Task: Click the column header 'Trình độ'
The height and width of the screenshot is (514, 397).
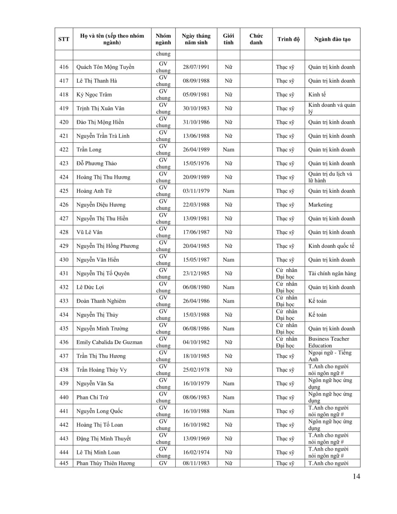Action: pyautogui.click(x=288, y=39)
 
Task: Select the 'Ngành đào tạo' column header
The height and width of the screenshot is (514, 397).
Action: pyautogui.click(x=332, y=39)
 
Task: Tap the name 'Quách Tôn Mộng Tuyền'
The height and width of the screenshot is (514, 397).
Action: pyautogui.click(x=105, y=67)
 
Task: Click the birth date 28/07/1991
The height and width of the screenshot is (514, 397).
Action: pyautogui.click(x=196, y=67)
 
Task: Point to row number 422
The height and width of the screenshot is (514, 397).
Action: pyautogui.click(x=64, y=150)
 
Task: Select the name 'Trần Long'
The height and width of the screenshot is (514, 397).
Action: pyautogui.click(x=88, y=150)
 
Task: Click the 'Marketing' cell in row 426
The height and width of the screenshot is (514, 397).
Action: pyautogui.click(x=320, y=205)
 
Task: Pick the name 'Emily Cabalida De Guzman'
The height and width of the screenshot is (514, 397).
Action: pyautogui.click(x=109, y=342)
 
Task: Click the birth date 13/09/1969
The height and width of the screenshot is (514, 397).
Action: pyautogui.click(x=196, y=439)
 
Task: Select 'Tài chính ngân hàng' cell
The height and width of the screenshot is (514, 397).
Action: pyautogui.click(x=332, y=274)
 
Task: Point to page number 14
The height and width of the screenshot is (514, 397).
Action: pyautogui.click(x=356, y=476)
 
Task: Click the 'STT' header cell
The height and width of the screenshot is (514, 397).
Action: pyautogui.click(x=64, y=39)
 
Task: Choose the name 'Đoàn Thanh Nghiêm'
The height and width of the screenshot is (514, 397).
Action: pyautogui.click(x=101, y=301)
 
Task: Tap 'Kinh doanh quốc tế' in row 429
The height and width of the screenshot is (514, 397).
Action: pyautogui.click(x=331, y=246)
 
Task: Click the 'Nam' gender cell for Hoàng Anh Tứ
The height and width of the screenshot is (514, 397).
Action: pyautogui.click(x=228, y=191)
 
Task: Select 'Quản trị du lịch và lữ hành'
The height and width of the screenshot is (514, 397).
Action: pyautogui.click(x=330, y=177)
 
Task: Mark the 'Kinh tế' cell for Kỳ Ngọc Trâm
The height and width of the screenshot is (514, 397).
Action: pyautogui.click(x=317, y=95)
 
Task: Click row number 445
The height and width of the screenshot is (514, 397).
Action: pyautogui.click(x=64, y=464)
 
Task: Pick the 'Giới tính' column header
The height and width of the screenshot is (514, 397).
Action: pyautogui.click(x=228, y=39)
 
